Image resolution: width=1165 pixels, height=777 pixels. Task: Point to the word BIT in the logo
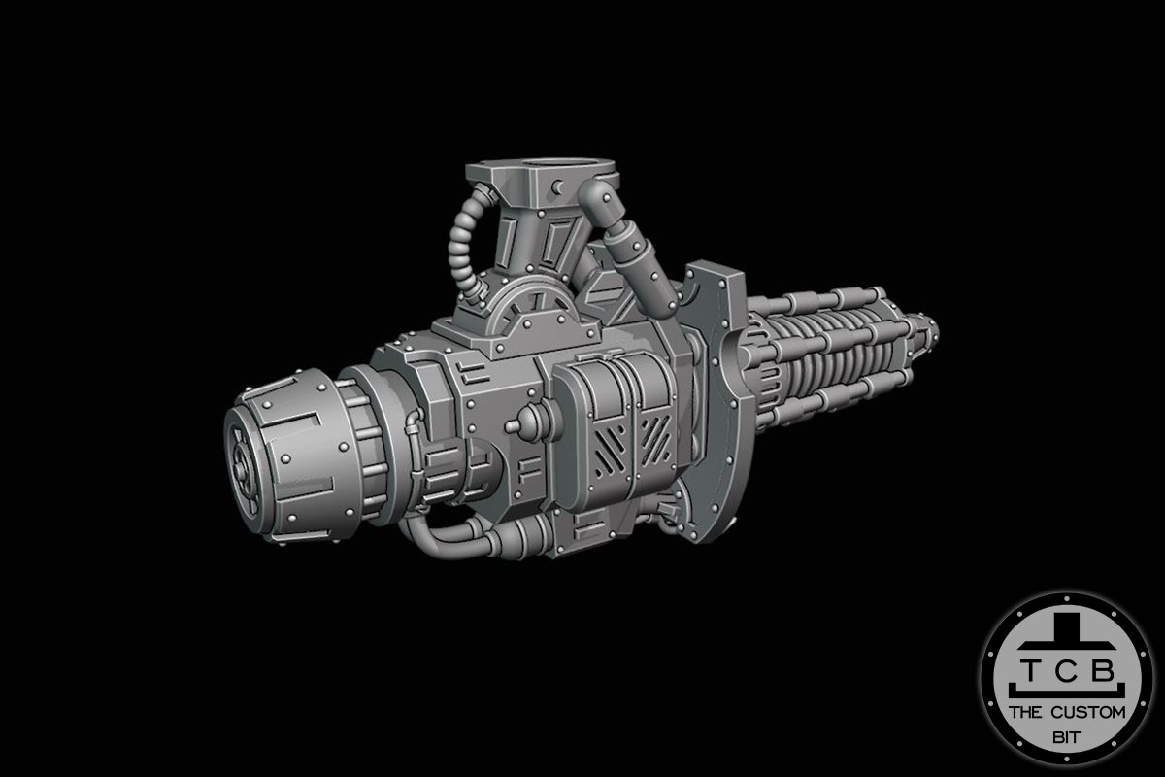[1066, 738]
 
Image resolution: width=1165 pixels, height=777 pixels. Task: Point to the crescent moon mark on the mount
[556, 186]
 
